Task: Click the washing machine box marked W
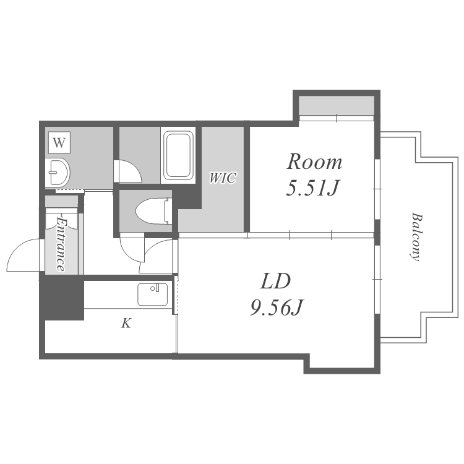pyautogui.click(x=59, y=143)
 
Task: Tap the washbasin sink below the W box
pyautogui.click(x=58, y=172)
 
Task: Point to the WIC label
pyautogui.click(x=223, y=178)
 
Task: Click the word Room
pyautogui.click(x=314, y=162)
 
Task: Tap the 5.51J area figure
pyautogui.click(x=312, y=188)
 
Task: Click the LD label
pyautogui.click(x=275, y=281)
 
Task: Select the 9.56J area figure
pyautogui.click(x=277, y=307)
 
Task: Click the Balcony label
pyautogui.click(x=416, y=237)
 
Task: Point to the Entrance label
pyautogui.click(x=61, y=244)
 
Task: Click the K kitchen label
pyautogui.click(x=126, y=323)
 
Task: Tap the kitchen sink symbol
pyautogui.click(x=153, y=294)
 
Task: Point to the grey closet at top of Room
pyautogui.click(x=337, y=105)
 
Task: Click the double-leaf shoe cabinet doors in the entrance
pyautogui.click(x=62, y=219)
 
